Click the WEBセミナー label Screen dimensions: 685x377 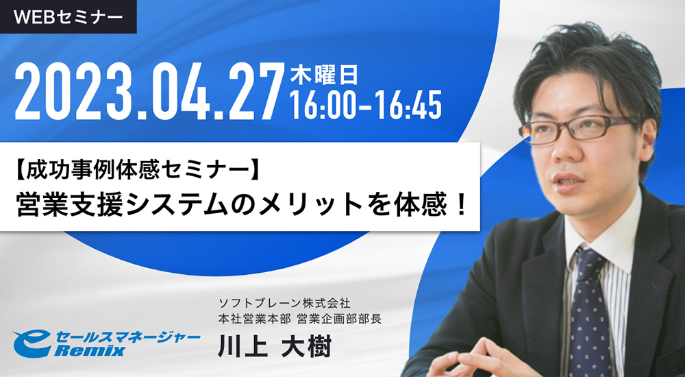point(68,17)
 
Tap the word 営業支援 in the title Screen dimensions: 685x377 point(69,204)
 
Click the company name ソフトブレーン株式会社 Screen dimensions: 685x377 point(284,303)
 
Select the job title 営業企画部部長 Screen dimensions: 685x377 point(339,319)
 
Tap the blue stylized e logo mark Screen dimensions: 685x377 point(29,344)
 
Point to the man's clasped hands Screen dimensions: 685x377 point(485,361)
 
